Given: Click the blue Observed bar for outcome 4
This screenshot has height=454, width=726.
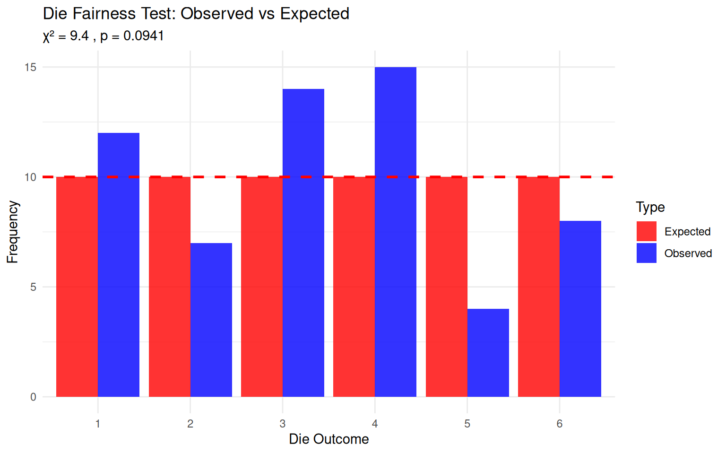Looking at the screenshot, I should point(396,232).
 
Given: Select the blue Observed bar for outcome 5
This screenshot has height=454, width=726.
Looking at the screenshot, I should point(488,353).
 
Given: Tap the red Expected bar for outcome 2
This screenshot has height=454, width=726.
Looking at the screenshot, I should point(170,287).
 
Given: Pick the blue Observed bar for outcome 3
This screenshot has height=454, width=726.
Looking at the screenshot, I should point(303,243).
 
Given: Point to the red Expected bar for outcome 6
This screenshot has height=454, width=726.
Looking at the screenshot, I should point(539,287).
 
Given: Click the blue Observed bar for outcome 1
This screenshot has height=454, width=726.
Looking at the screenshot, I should point(119,265).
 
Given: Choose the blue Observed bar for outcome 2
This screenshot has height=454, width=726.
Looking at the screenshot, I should point(211,320).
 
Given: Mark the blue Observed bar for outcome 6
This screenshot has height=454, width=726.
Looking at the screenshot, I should point(580,309).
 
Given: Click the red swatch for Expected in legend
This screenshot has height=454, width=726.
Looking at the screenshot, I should point(646,231).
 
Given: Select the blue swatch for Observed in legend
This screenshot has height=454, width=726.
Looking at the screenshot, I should point(646,253).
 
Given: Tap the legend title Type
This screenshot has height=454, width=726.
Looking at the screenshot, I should point(650,207).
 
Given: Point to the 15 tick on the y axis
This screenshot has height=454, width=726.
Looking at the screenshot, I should point(30,67).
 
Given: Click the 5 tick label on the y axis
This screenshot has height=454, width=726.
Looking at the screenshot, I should point(33,287).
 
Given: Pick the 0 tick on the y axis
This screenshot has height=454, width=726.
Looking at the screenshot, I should point(33,397).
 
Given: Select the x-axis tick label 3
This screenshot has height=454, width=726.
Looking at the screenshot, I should point(283,424).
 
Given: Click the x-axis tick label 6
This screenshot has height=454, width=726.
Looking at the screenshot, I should point(560,424).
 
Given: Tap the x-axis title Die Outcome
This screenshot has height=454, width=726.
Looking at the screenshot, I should point(329,439).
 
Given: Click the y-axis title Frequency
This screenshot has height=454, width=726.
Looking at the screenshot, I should point(13,232).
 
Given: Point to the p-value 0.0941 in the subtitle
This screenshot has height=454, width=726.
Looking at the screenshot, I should point(144,36).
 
